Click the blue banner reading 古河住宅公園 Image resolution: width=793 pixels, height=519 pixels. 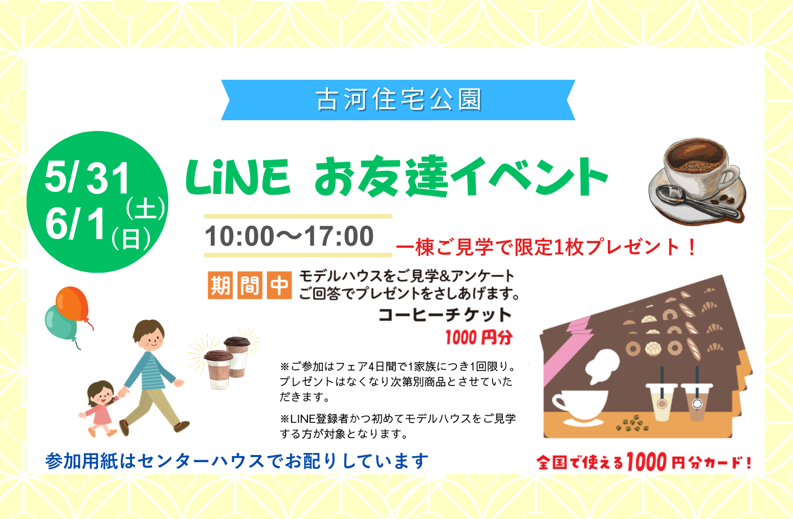tap(398, 100)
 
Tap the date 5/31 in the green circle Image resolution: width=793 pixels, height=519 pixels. tap(87, 178)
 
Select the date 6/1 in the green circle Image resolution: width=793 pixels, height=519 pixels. tap(76, 223)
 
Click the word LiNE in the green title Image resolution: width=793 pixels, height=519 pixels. tap(238, 177)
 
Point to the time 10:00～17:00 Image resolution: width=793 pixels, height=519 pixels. tap(289, 236)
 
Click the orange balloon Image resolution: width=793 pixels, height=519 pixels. tap(73, 304)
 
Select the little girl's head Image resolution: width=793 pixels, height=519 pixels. tap(100, 393)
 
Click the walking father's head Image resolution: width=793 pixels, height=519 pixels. tap(149, 335)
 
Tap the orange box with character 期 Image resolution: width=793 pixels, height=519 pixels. tap(220, 285)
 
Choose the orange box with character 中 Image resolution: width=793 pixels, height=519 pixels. tap(279, 285)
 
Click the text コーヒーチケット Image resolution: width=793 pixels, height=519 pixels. tap(445, 315)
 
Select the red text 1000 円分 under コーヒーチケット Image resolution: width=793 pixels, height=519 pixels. tap(479, 337)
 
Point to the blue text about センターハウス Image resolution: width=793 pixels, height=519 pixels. tap(236, 461)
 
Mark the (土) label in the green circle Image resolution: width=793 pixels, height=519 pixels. tap(145, 208)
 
